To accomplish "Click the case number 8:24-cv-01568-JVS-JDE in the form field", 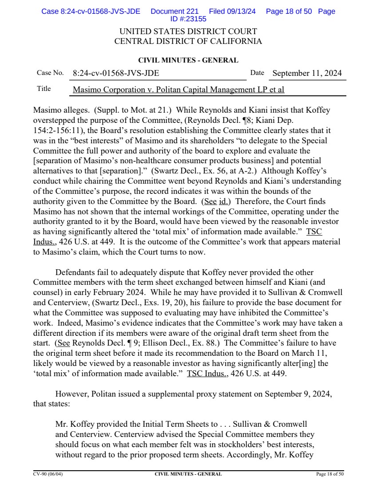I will [x=116, y=73].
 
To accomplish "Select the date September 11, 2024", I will [x=307, y=73].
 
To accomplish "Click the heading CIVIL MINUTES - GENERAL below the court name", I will [x=188, y=60].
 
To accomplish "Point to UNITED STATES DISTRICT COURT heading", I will [x=188, y=32].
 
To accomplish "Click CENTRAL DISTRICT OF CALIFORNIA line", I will [x=188, y=42].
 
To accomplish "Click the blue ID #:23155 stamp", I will [x=188, y=19].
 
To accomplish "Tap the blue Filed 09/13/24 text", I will [x=232, y=12].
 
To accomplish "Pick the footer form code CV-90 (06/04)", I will [x=45, y=474].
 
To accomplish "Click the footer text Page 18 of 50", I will [x=329, y=474].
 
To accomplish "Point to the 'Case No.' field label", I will [x=50, y=73].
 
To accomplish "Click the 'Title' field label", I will [x=44, y=89].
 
